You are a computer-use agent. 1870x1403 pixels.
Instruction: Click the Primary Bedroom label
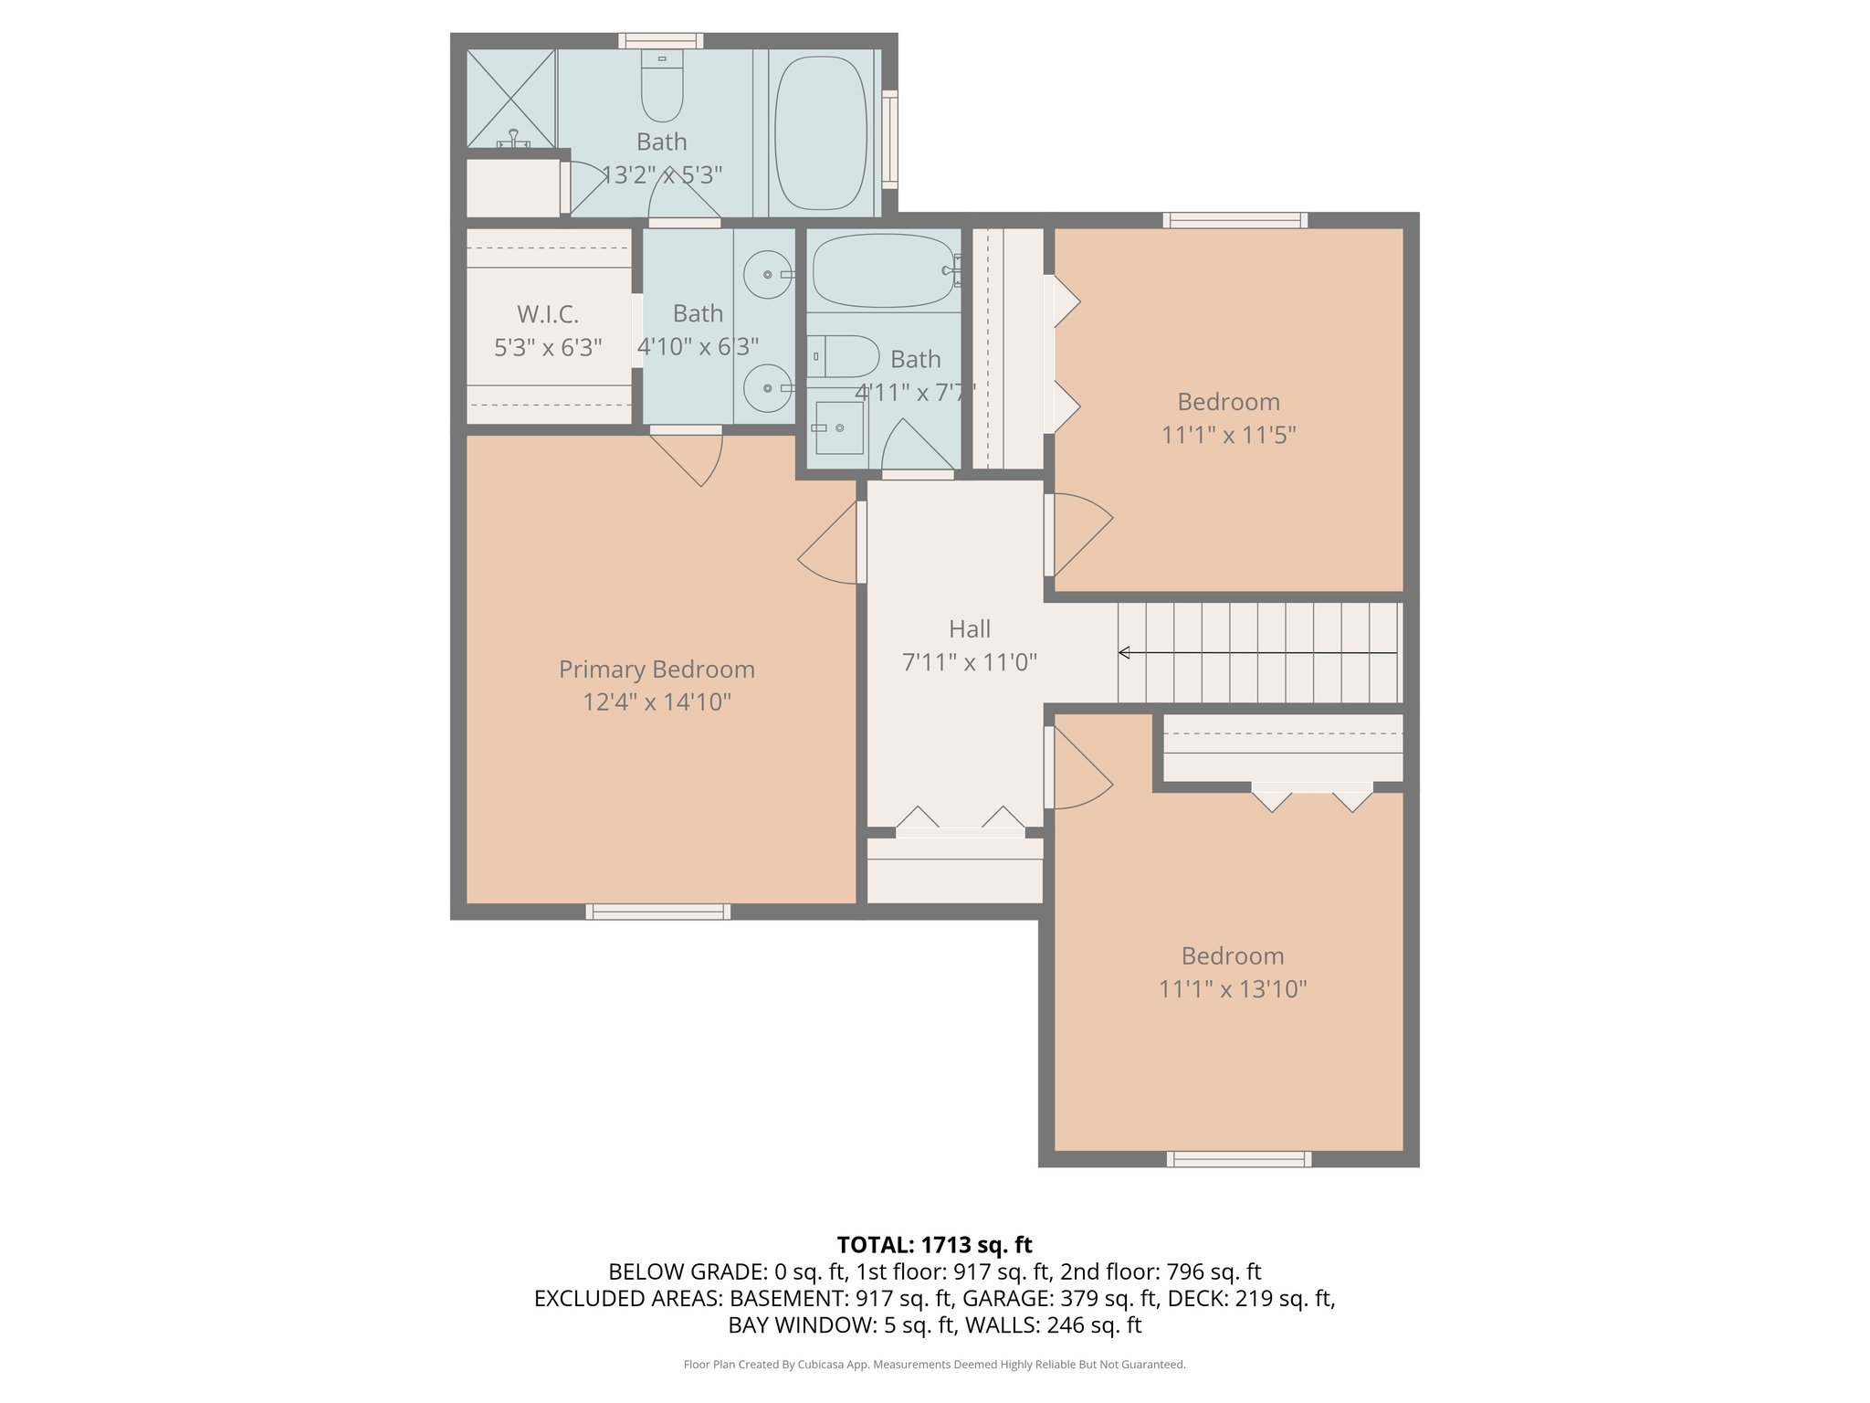click(657, 670)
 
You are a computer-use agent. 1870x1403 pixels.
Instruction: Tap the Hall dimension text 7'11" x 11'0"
click(969, 662)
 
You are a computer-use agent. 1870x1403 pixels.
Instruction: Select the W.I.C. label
click(548, 314)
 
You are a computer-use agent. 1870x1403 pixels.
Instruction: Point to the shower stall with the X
click(510, 98)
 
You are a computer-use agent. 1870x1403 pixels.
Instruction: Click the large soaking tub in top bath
click(820, 132)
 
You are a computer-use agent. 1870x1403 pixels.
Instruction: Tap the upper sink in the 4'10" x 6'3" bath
click(767, 274)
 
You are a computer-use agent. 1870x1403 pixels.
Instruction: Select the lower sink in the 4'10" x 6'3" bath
click(767, 388)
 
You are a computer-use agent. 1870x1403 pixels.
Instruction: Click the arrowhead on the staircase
click(1125, 652)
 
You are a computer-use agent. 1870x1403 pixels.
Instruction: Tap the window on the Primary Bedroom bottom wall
click(657, 911)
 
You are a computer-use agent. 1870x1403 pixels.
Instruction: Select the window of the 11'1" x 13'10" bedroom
click(1239, 1159)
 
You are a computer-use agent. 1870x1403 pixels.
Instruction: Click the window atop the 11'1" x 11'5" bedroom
click(1234, 220)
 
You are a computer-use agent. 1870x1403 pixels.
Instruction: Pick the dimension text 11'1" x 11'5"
click(1228, 435)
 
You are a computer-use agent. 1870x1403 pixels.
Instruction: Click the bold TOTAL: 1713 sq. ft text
click(934, 1245)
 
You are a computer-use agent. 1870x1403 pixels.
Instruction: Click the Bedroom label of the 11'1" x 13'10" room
click(1232, 956)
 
